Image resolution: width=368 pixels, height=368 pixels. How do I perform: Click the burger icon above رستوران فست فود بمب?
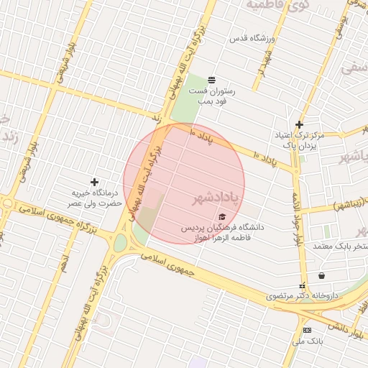pos(211,80)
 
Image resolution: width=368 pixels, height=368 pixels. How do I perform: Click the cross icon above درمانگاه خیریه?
pos(94,183)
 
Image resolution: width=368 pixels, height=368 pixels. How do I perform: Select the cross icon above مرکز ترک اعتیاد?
pos(300,124)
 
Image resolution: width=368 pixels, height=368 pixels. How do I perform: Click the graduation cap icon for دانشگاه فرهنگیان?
pos(222,216)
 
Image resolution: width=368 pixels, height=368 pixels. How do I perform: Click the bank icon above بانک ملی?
pos(308,330)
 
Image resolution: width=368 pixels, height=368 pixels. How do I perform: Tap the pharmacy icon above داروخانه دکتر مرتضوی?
pos(302,285)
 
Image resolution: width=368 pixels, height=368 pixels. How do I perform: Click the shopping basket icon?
pos(321,275)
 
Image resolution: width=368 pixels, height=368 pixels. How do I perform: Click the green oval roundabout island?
pos(120,243)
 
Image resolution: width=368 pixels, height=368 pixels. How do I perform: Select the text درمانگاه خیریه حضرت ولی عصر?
pos(94,198)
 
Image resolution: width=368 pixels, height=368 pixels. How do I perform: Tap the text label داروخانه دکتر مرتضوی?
pos(302,295)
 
